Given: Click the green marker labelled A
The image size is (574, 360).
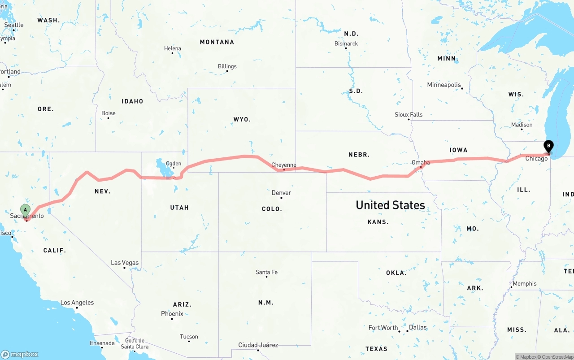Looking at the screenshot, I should pyautogui.click(x=26, y=210).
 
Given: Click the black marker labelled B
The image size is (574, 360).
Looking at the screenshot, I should pyautogui.click(x=548, y=147).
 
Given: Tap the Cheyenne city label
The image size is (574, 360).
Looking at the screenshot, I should pyautogui.click(x=284, y=165).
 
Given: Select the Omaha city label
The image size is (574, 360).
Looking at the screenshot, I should pyautogui.click(x=421, y=162).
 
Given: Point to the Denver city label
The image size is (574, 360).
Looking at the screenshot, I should pyautogui.click(x=281, y=193).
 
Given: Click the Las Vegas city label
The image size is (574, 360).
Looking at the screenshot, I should pyautogui.click(x=125, y=263).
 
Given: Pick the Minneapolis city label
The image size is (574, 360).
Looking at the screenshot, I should pyautogui.click(x=444, y=85).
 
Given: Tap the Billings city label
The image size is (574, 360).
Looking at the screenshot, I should pyautogui.click(x=227, y=66).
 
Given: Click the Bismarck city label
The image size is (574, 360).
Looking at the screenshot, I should pyautogui.click(x=346, y=43).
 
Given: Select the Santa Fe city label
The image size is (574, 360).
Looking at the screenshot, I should pyautogui.click(x=266, y=272).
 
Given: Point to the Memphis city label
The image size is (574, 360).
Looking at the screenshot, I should pyautogui.click(x=525, y=283).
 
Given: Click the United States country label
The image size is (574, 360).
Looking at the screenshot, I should pyautogui.click(x=390, y=205).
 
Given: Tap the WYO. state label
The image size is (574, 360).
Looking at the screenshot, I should pyautogui.click(x=242, y=120).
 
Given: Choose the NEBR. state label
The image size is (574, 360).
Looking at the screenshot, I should pyautogui.click(x=359, y=155).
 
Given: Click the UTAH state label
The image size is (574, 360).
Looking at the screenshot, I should pyautogui.click(x=179, y=208).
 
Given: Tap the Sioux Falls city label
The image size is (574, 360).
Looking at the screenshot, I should pyautogui.click(x=409, y=114).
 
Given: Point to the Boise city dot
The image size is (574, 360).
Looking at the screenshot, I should pyautogui.click(x=108, y=118).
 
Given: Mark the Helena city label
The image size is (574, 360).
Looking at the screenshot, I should pyautogui.click(x=173, y=48).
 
